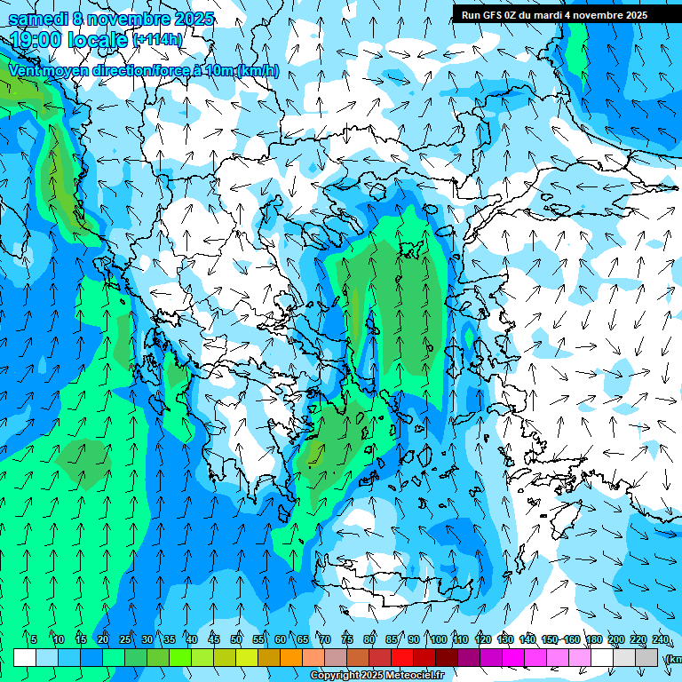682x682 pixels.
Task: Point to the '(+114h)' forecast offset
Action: tap(157, 40)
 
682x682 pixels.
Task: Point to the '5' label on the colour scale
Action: tap(34, 639)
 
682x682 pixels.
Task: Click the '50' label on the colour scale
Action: tap(236, 639)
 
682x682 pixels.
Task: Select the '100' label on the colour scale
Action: tap(438, 639)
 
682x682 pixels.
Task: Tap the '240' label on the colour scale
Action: tap(661, 639)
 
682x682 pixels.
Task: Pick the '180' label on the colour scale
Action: tap(594, 639)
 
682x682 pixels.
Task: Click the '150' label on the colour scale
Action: tap(550, 639)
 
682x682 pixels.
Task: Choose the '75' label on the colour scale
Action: tap(347, 639)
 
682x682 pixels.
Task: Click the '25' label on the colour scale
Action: tap(125, 639)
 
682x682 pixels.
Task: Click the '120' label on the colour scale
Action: tap(483, 639)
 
